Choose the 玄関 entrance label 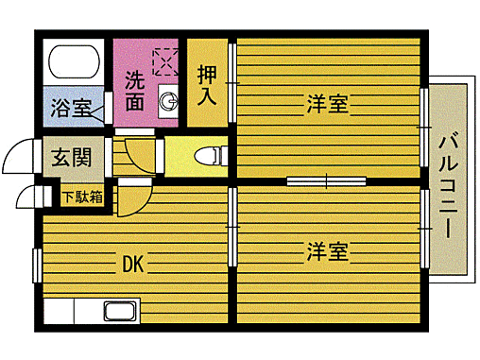pyautogui.click(x=71, y=157)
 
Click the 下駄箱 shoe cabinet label pyautogui.click(x=83, y=197)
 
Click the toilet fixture pyautogui.click(x=207, y=156)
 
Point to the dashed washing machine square pyautogui.click(x=165, y=60)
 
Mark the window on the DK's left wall pyautogui.click(x=36, y=265)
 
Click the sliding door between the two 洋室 pyautogui.click(x=326, y=180)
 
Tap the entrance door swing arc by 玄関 pyautogui.click(x=23, y=156)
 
